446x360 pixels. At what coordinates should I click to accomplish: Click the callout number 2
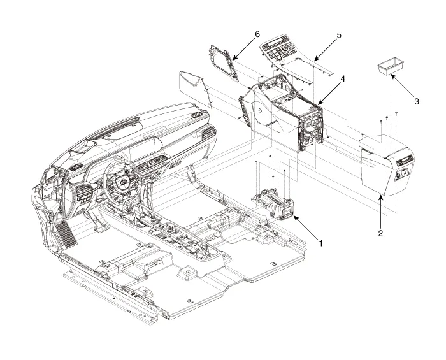click(x=380, y=233)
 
